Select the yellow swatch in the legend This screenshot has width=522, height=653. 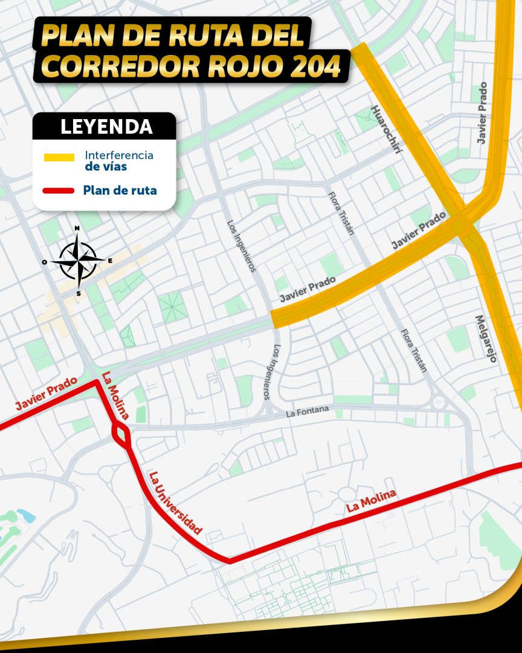[x=59, y=157]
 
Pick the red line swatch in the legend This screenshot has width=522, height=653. [x=59, y=191]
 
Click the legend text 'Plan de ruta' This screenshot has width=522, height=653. [x=120, y=191]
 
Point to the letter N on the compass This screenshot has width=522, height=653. [x=77, y=229]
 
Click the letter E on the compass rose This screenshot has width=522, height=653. [x=109, y=261]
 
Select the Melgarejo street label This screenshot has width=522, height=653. [x=486, y=339]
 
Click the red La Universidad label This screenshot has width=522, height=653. [x=175, y=502]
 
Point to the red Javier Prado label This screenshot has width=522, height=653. [x=46, y=394]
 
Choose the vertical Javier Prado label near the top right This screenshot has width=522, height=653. [x=482, y=122]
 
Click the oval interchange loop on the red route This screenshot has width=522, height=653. [x=121, y=434]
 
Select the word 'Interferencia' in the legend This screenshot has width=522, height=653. [x=119, y=155]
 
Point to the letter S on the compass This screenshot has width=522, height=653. [x=78, y=294]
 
